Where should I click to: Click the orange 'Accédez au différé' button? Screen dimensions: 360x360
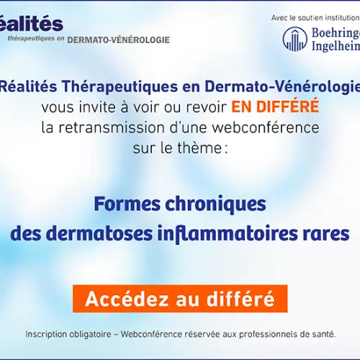click(x=180, y=299)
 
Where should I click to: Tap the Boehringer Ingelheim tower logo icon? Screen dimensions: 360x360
click(x=295, y=39)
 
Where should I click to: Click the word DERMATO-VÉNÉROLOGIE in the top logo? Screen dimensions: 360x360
click(x=119, y=40)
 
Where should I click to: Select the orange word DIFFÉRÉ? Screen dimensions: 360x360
click(x=287, y=106)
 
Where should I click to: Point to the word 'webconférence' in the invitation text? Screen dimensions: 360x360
click(x=266, y=127)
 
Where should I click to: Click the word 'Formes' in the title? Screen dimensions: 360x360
click(x=127, y=204)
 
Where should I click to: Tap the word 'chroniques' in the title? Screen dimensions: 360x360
click(x=215, y=205)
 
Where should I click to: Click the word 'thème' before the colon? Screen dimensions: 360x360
click(x=199, y=148)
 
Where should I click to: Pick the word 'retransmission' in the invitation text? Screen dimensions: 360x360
click(x=112, y=127)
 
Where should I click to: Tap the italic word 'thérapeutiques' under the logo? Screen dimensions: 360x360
click(x=31, y=39)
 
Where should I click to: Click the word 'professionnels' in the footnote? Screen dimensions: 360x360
click(x=268, y=334)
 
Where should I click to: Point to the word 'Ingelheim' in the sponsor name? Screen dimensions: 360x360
click(x=336, y=46)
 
